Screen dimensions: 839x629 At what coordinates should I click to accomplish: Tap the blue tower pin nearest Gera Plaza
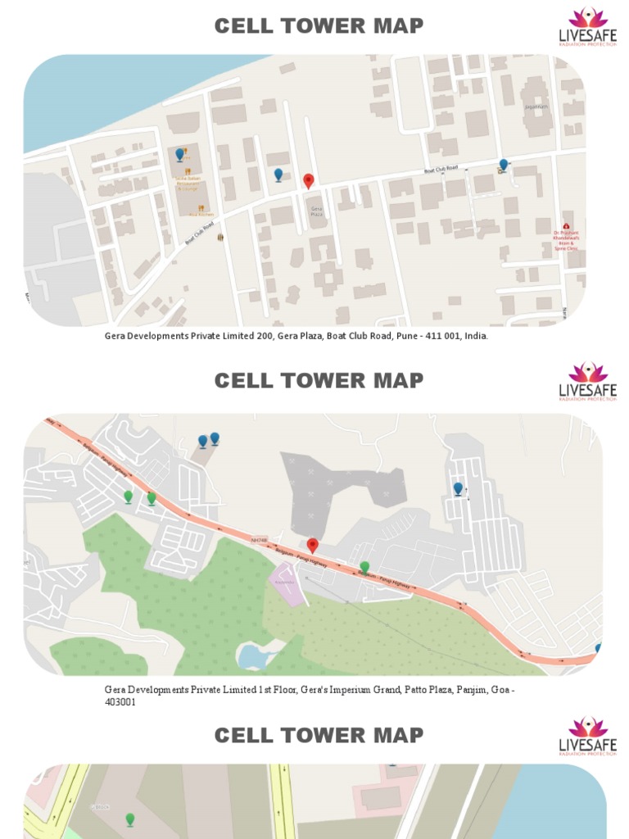[x=278, y=175]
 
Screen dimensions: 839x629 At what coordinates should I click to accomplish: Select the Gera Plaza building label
[x=315, y=211]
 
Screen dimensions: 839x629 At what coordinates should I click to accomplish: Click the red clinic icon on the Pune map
[x=566, y=227]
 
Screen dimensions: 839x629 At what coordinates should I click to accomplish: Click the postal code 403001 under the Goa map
[x=120, y=702]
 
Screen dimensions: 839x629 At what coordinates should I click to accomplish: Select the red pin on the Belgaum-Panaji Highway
[x=312, y=545]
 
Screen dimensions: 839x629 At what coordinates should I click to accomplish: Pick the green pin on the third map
[x=129, y=819]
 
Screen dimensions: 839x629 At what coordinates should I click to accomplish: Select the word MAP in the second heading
[x=396, y=380]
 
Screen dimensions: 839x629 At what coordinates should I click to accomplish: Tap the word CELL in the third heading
[x=242, y=735]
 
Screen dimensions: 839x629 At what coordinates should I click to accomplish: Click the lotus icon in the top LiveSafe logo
[x=587, y=18]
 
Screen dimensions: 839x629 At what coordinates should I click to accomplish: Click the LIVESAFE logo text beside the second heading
[x=587, y=390]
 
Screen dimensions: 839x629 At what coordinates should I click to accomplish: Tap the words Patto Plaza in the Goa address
[x=430, y=690]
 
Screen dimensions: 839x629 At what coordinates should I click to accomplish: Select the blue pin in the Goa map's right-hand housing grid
[x=458, y=489]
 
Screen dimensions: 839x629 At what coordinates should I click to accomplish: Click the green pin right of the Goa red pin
[x=364, y=567]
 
